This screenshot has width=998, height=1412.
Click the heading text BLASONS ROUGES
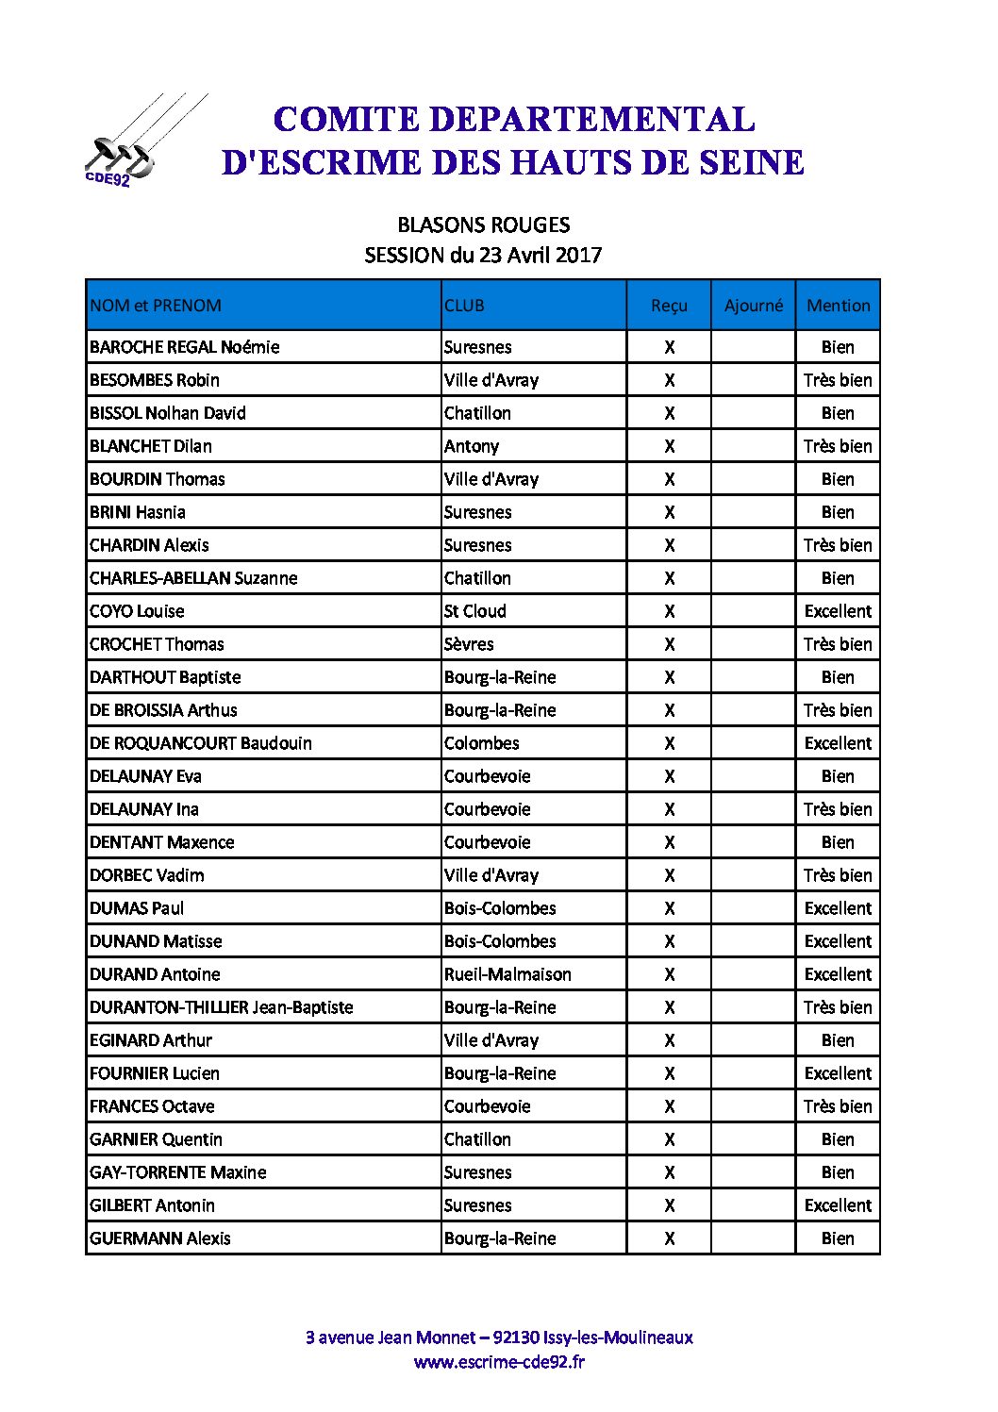point(483,225)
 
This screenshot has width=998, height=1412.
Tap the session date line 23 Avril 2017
point(483,255)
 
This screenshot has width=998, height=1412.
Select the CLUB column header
point(464,306)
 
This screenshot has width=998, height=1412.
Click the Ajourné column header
point(753,306)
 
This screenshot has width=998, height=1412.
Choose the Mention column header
point(838,306)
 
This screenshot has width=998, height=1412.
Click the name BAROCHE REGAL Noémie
point(185,347)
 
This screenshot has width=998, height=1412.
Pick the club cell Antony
point(472,446)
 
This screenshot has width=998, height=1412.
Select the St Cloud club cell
point(475,611)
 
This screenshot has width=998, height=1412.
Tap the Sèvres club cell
point(469,644)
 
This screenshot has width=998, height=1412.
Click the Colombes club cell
point(481,743)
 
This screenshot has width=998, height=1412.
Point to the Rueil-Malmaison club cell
point(507,974)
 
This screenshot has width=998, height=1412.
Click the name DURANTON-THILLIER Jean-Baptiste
point(222,1007)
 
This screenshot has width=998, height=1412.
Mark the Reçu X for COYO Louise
point(669,611)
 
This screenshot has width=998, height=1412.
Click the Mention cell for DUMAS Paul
point(838,908)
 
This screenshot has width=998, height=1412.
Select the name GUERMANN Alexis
point(160,1238)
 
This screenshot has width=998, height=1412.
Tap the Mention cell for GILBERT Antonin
point(838,1205)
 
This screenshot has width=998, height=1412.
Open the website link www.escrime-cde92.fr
point(499,1362)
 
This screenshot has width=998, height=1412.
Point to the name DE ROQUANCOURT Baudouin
point(201,743)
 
